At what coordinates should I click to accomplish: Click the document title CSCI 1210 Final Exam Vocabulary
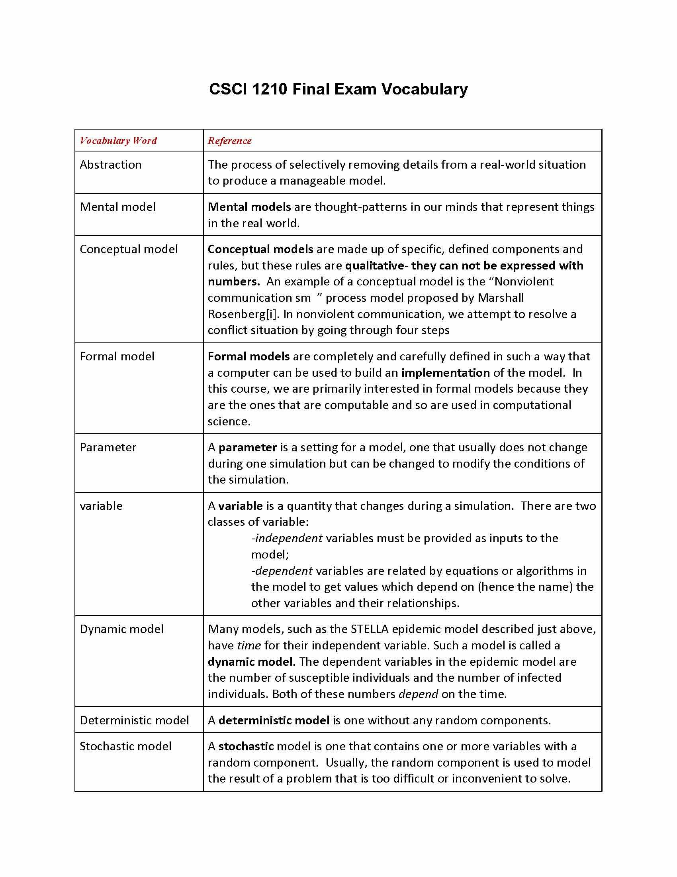click(338, 89)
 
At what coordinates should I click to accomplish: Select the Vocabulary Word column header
click(118, 141)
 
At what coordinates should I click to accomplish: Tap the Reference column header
click(229, 141)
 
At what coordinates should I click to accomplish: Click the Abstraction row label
click(111, 165)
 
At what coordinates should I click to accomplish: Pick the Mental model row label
click(117, 207)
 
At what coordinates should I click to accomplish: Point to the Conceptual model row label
click(129, 249)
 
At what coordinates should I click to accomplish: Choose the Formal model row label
click(117, 356)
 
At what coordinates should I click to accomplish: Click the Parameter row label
click(108, 447)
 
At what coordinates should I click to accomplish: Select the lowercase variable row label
click(101, 506)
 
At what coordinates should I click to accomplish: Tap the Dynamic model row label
click(121, 629)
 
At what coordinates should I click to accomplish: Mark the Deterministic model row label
click(134, 720)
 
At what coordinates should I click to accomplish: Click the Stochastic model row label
click(125, 746)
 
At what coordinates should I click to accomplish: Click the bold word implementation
click(446, 373)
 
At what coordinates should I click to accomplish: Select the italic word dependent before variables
click(284, 570)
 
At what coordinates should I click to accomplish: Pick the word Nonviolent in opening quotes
click(524, 281)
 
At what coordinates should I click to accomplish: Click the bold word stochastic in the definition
click(246, 746)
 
